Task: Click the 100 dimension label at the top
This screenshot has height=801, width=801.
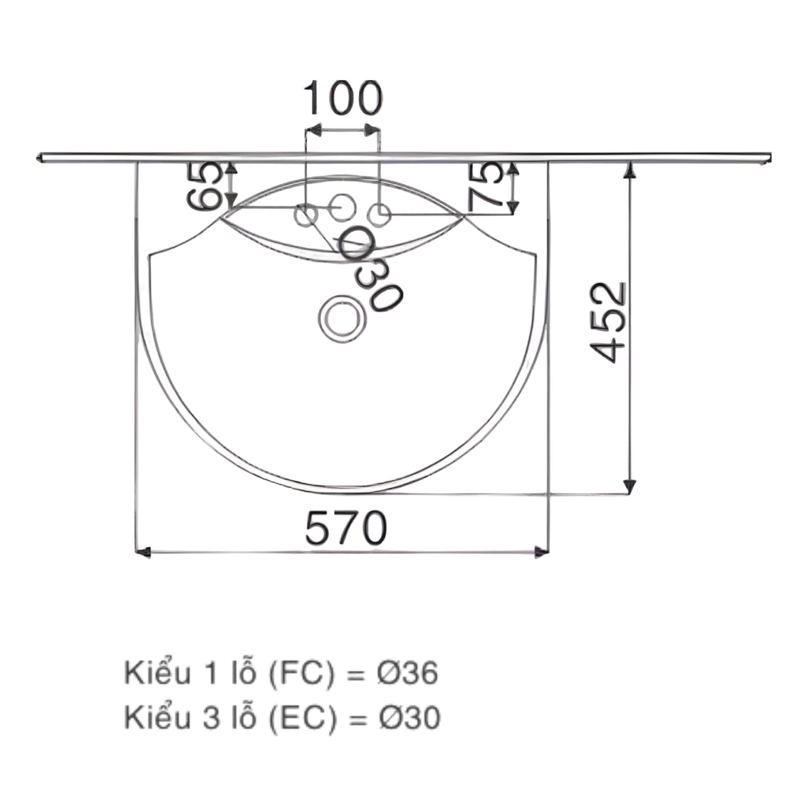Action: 342,99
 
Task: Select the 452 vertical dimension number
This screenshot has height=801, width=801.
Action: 608,323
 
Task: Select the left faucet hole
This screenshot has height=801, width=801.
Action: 306,215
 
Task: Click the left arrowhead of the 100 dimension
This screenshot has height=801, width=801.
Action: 316,130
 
